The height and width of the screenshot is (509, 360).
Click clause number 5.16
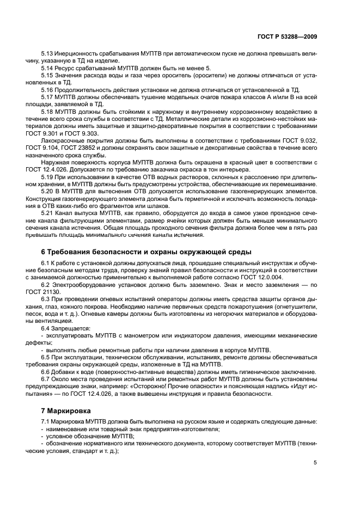coord(48,90)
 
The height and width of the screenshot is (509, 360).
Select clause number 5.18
coord(48,111)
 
